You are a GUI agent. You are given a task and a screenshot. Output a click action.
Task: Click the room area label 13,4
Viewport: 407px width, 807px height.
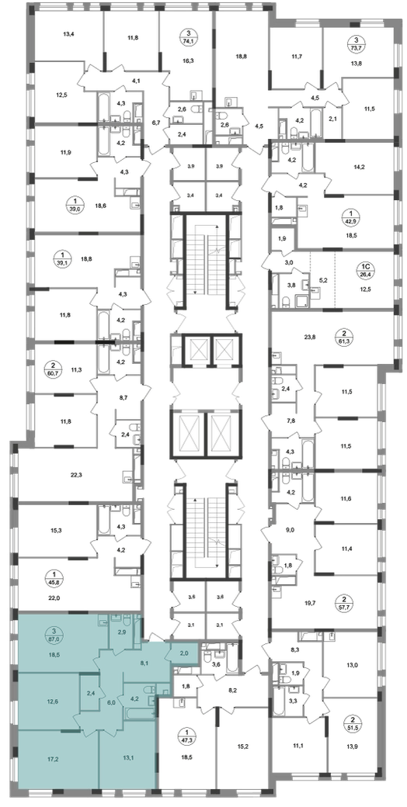click(70, 35)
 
